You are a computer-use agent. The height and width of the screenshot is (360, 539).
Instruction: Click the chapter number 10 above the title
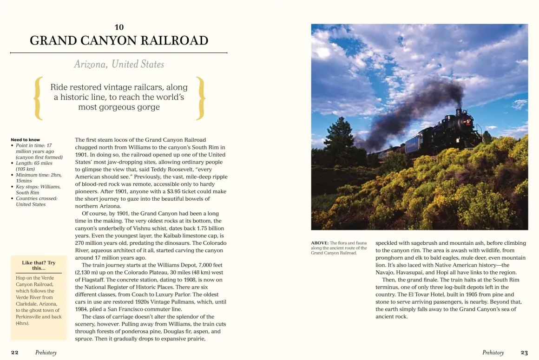[x=119, y=27]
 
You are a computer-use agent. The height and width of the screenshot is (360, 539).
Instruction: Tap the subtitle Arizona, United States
[x=119, y=64]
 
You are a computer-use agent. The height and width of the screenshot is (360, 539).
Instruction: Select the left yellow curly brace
[x=39, y=97]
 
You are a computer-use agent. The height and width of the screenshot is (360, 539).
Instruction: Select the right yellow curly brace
[x=201, y=97]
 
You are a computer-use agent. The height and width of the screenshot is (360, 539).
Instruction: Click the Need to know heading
[x=25, y=139]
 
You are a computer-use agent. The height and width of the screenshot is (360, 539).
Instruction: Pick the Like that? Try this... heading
[x=39, y=265]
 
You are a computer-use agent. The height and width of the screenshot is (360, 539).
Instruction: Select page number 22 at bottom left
[x=14, y=353]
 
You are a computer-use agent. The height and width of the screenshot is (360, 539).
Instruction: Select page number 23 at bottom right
[x=524, y=353]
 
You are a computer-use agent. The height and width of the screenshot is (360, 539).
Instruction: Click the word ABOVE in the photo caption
[x=319, y=243]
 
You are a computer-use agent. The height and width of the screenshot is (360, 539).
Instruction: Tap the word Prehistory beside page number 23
[x=493, y=353]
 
